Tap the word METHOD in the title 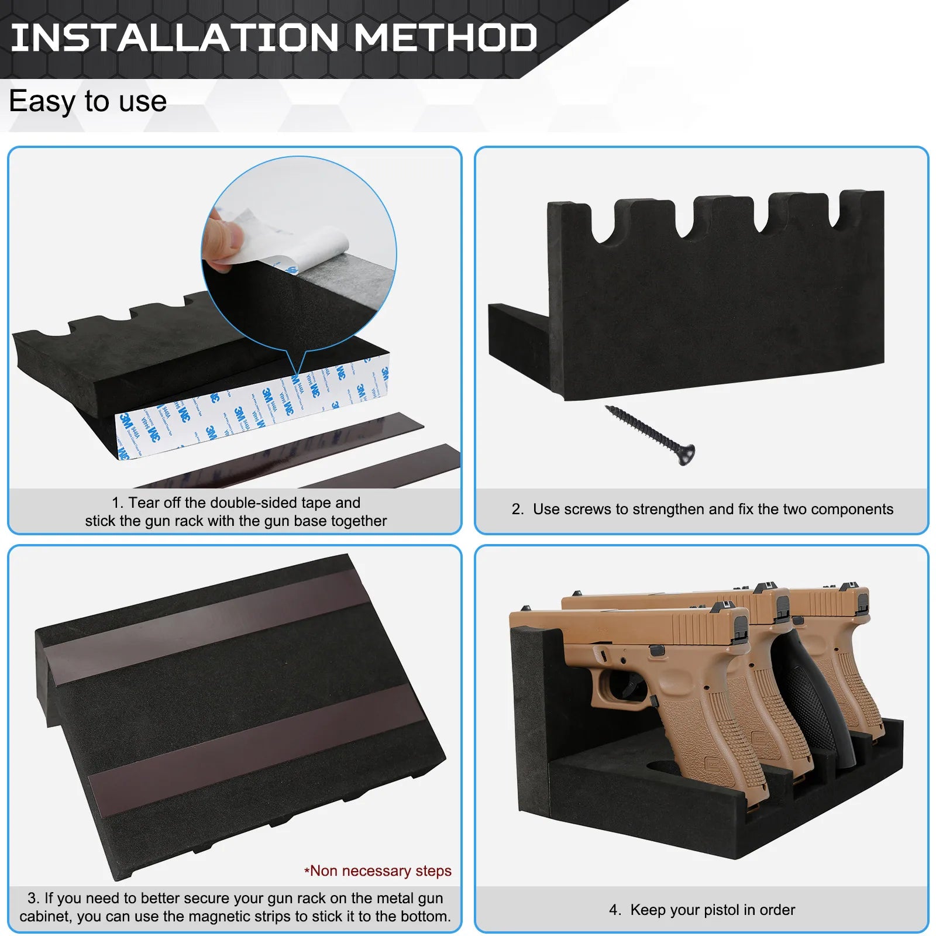click(x=445, y=37)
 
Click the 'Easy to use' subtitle click(x=88, y=101)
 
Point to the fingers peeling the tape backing click(x=222, y=240)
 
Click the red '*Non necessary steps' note click(x=378, y=870)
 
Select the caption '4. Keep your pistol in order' click(x=701, y=910)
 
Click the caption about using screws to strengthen click(x=702, y=509)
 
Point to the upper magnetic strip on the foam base click(x=208, y=626)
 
